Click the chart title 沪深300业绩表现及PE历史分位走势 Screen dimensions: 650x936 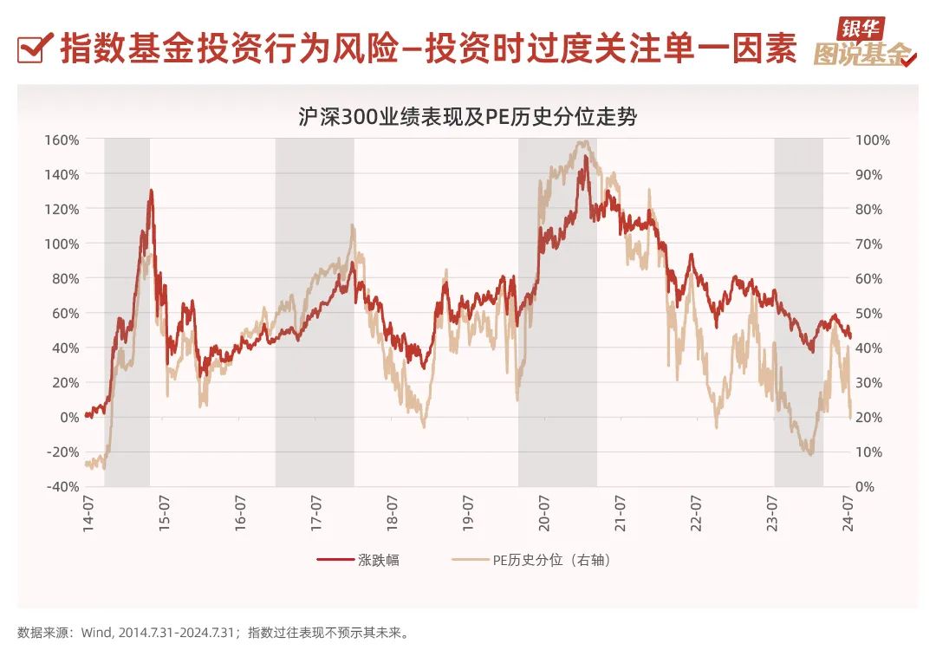tap(467, 116)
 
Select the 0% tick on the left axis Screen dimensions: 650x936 tap(68, 417)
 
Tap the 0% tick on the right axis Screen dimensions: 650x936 tap(867, 486)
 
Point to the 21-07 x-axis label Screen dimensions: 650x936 tap(621, 512)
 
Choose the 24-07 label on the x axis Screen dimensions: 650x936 tap(849, 512)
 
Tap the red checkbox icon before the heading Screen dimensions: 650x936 tap(33, 49)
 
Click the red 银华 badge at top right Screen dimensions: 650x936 tap(856, 28)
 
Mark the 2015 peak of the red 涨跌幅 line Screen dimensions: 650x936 tap(151, 190)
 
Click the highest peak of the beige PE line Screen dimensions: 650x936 tap(585, 141)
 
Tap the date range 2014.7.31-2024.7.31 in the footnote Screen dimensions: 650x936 tap(179, 632)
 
